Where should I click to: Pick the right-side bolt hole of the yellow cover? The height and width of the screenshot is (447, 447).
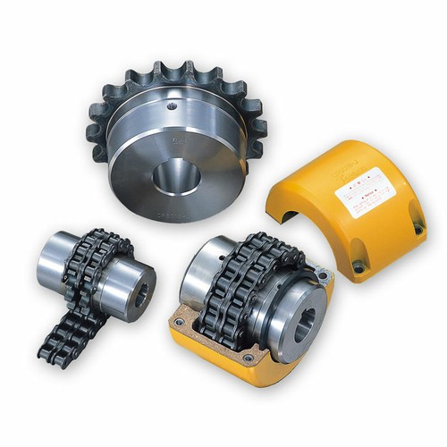[x=417, y=230]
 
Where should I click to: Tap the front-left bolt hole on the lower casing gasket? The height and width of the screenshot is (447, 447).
[x=179, y=321]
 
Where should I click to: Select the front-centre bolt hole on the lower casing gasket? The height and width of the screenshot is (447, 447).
[x=248, y=358]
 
